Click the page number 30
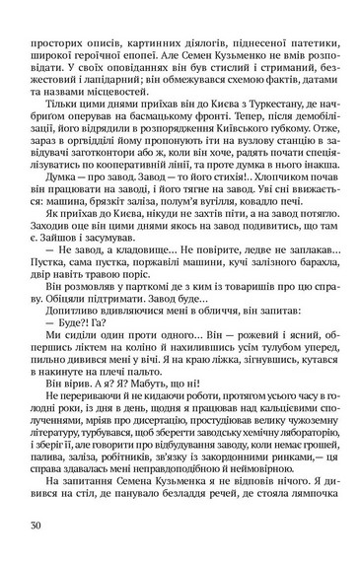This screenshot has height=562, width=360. coord(36,524)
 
